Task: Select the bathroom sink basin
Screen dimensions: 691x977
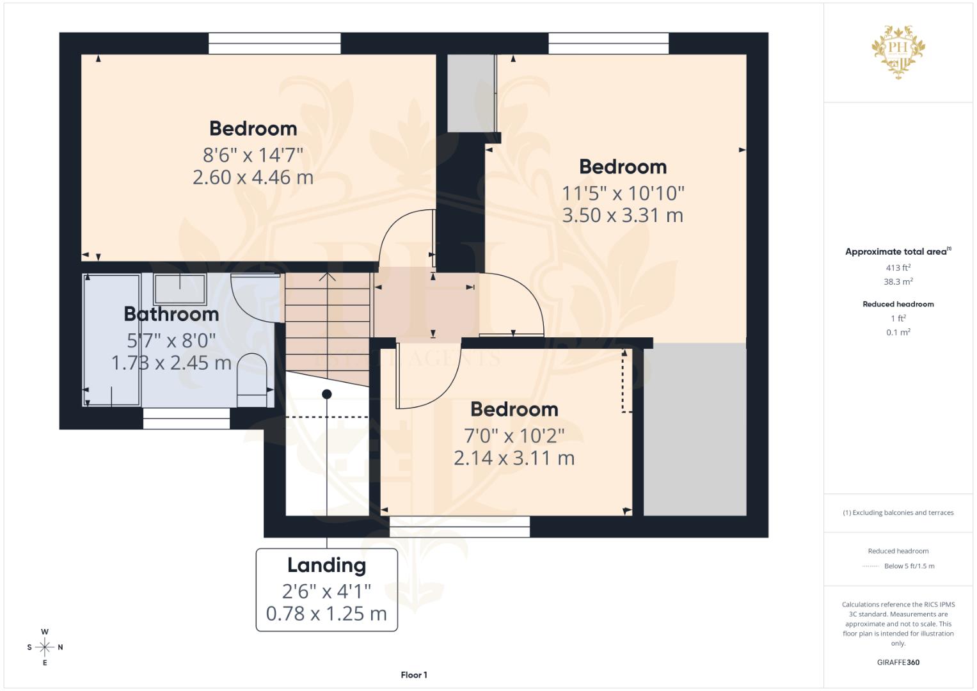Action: [180, 289]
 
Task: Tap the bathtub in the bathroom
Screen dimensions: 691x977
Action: [113, 340]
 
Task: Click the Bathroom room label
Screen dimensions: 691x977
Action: [171, 314]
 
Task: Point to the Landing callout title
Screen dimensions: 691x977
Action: [326, 566]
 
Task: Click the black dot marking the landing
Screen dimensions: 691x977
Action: [327, 394]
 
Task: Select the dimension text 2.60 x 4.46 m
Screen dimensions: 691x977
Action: [253, 177]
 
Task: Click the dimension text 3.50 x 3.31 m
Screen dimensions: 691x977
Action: [623, 216]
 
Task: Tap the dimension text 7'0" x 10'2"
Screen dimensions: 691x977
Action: [514, 436]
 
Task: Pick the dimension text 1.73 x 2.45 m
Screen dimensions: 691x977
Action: [171, 363]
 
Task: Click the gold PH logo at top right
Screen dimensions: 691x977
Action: [898, 50]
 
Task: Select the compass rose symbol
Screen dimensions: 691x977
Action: [45, 647]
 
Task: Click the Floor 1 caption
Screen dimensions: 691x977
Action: [414, 675]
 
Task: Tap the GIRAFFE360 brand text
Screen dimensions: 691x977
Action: [898, 662]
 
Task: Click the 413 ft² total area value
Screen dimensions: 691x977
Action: [898, 268]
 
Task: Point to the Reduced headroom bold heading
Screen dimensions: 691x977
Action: [898, 304]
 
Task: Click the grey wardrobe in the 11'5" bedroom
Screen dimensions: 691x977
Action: [472, 93]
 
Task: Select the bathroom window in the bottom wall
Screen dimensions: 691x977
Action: [186, 418]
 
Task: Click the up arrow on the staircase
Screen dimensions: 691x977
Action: [328, 276]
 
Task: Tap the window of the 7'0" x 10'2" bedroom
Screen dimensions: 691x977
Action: [459, 527]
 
